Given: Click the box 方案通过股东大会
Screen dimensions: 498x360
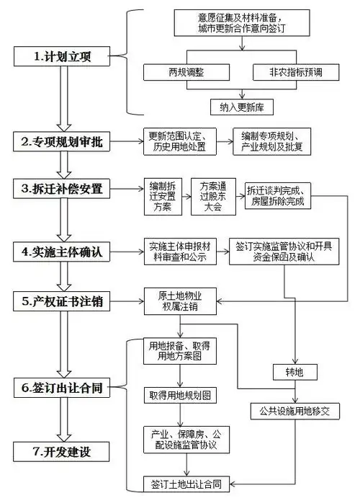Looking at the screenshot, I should click(x=213, y=196).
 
